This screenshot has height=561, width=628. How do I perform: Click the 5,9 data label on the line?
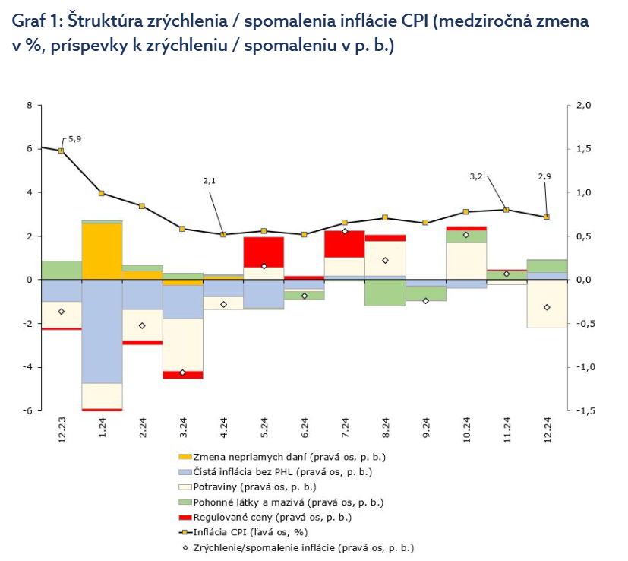pyautogui.click(x=74, y=139)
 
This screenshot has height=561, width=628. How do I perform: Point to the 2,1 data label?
pyautogui.click(x=210, y=181)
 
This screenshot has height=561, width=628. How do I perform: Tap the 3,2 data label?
pyautogui.click(x=476, y=176)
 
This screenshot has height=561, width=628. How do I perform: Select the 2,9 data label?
pyautogui.click(x=544, y=176)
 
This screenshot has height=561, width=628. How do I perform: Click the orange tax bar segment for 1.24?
pyautogui.click(x=102, y=251)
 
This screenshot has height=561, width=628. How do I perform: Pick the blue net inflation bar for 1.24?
pyautogui.click(x=102, y=331)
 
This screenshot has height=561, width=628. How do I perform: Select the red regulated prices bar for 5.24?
pyautogui.click(x=264, y=252)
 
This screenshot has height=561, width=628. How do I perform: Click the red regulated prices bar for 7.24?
pyautogui.click(x=344, y=243)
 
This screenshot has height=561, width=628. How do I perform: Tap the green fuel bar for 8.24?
pyautogui.click(x=385, y=293)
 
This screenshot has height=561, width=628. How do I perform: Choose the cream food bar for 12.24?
pyautogui.click(x=547, y=303)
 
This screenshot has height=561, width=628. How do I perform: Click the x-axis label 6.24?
pyautogui.click(x=305, y=429)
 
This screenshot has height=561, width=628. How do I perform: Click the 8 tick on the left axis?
pyautogui.click(x=29, y=105)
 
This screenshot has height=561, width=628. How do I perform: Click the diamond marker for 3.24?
pyautogui.click(x=183, y=372)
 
